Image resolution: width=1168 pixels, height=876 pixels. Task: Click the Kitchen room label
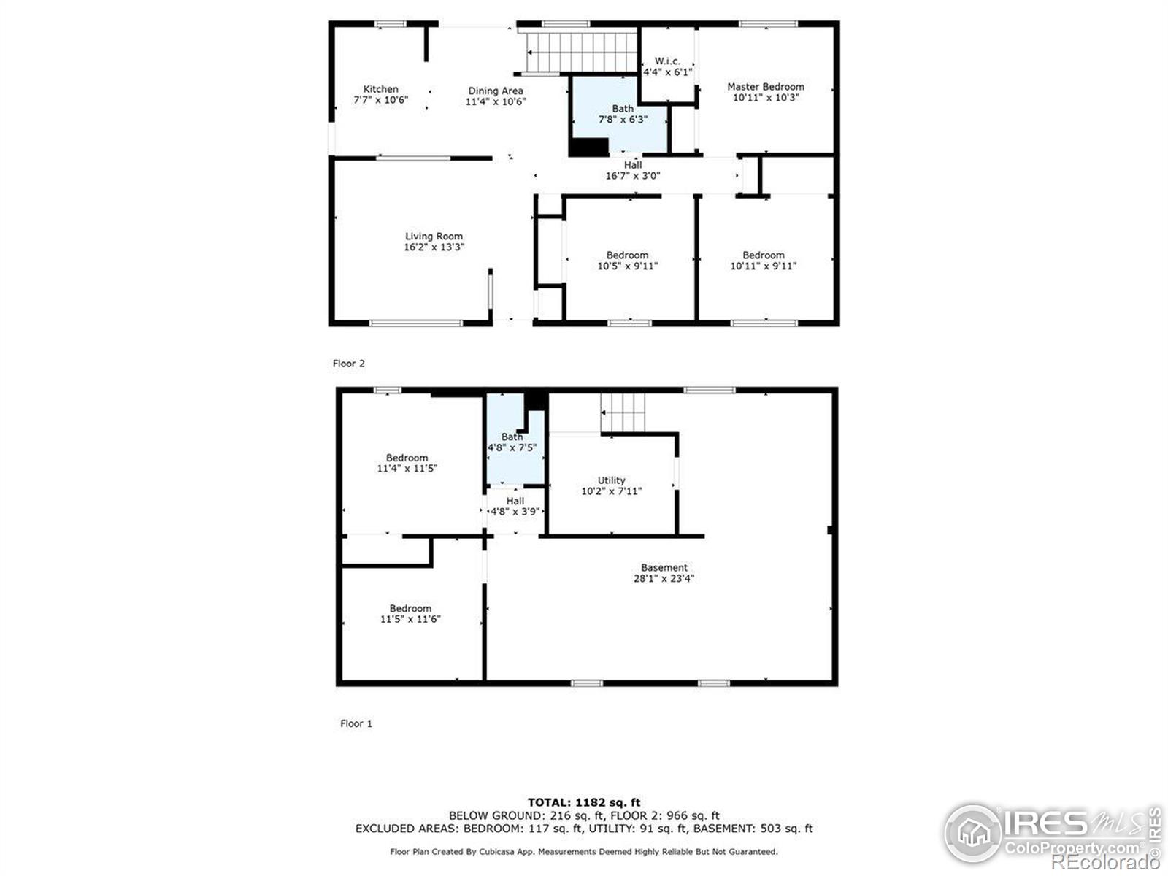380,89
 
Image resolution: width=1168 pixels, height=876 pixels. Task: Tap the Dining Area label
496,91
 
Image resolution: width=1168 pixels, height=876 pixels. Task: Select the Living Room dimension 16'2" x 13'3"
434,247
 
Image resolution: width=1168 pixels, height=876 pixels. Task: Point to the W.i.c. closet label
667,61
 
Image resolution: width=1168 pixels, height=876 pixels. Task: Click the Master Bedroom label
766,87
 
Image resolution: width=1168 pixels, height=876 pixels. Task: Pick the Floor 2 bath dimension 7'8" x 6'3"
623,119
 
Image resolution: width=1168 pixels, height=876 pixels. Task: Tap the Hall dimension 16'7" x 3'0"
633,175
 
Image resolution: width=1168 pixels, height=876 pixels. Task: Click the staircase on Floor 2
582,52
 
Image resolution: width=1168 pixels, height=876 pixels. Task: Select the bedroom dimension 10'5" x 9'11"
627,266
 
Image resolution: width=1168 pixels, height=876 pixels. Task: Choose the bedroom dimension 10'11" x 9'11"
763,266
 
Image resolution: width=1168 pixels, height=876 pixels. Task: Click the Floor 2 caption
348,364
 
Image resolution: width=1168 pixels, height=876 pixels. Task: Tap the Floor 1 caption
356,723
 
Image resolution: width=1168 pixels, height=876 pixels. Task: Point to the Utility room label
612,480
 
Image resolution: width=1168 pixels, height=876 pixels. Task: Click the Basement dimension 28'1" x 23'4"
664,578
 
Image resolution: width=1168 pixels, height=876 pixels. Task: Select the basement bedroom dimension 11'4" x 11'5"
407,468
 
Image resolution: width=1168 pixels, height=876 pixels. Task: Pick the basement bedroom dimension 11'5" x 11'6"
410,618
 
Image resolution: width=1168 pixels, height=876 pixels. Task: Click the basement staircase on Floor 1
623,412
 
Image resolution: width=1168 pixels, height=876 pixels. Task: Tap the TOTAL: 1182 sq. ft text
584,802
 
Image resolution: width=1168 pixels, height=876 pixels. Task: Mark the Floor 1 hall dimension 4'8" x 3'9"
515,512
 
